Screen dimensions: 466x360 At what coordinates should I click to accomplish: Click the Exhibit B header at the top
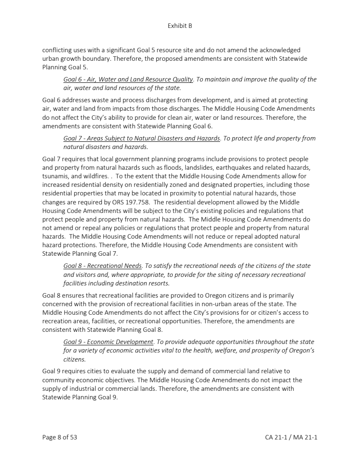[180, 26]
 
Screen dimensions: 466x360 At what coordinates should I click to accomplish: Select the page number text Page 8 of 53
[59, 437]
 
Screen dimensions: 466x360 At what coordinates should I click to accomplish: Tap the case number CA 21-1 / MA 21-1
[291, 437]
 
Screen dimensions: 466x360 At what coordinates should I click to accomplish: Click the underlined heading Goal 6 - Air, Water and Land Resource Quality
[128, 79]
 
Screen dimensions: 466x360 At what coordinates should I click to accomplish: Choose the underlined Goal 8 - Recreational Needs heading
[103, 266]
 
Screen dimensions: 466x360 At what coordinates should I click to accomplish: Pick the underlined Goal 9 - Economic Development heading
[108, 342]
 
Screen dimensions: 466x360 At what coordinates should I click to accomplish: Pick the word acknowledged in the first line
[278, 50]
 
